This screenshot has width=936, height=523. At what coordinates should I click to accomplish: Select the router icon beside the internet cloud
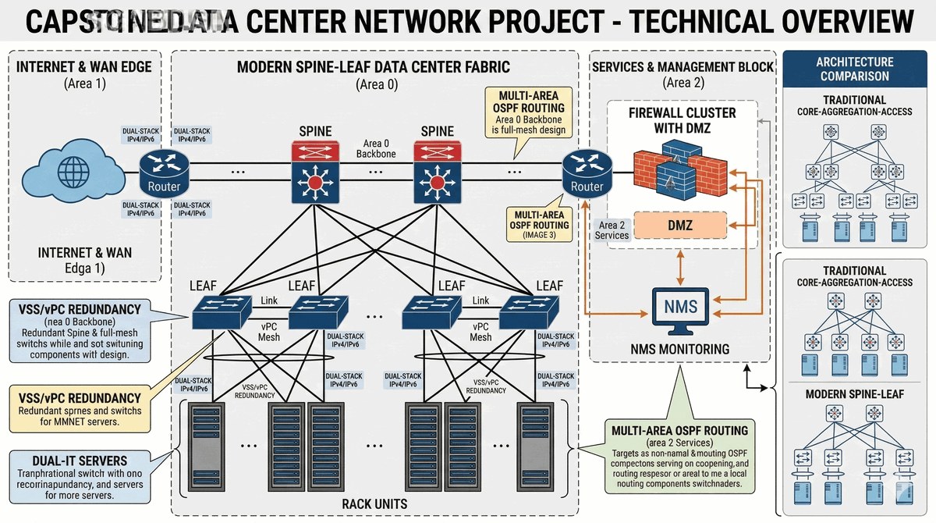point(164,171)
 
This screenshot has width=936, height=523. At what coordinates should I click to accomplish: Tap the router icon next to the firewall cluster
point(587,171)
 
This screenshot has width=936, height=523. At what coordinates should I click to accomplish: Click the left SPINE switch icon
point(315,173)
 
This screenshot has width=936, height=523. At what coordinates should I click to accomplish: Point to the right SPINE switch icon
point(437,173)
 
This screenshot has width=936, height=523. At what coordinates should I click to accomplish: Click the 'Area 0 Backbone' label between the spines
point(376,148)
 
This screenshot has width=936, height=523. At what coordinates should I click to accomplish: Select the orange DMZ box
point(680,226)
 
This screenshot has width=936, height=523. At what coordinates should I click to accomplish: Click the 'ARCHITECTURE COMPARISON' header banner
point(854,69)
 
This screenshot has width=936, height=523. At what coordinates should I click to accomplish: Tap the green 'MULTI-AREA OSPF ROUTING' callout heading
point(679,431)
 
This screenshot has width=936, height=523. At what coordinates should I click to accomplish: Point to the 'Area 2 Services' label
point(612,230)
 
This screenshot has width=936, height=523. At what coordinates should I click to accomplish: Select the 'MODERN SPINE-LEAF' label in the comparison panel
point(855,393)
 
